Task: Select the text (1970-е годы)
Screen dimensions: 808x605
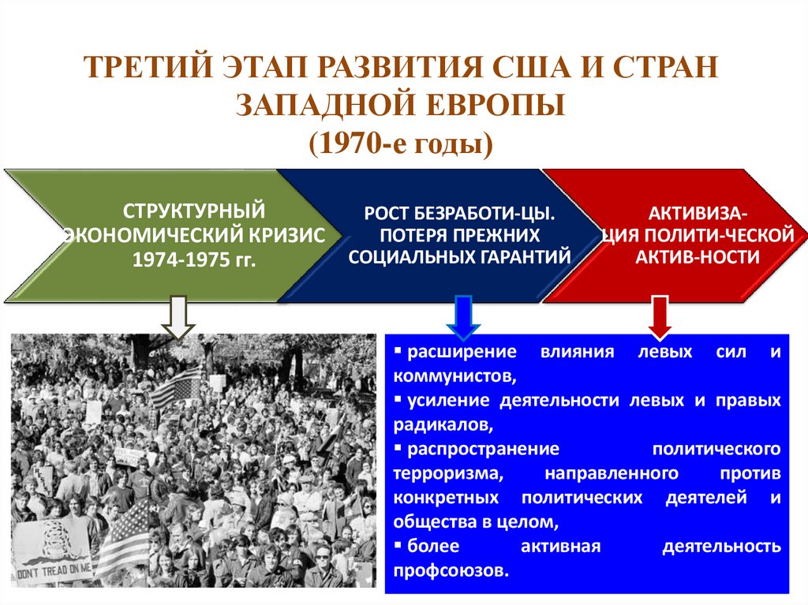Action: (403, 144)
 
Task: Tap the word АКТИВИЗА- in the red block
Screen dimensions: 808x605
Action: (699, 214)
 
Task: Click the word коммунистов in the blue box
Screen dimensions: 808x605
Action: (453, 375)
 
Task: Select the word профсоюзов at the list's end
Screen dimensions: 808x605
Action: (450, 571)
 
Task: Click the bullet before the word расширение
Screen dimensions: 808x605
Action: (399, 349)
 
